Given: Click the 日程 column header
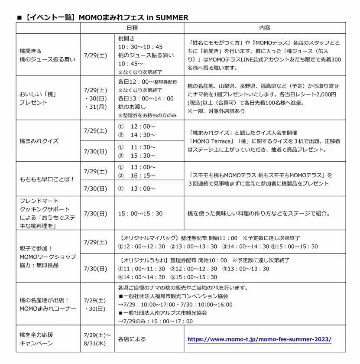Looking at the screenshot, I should coord(132,28).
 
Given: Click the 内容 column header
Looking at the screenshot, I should coord(265,28).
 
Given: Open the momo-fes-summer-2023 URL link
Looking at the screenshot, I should coord(259,339).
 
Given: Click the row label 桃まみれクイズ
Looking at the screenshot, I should coord(39,141).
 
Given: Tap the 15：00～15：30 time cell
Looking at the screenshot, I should coord(140,213).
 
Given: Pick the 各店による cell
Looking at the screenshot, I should coord(132,339).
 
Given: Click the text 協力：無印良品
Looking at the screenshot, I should coord(39,265).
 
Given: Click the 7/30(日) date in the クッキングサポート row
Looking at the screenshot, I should coord(95,213).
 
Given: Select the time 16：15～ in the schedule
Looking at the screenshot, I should coord(142,175).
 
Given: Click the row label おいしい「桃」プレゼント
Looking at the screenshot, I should coord(38,98).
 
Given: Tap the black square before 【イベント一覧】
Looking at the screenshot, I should coord(19,18).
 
